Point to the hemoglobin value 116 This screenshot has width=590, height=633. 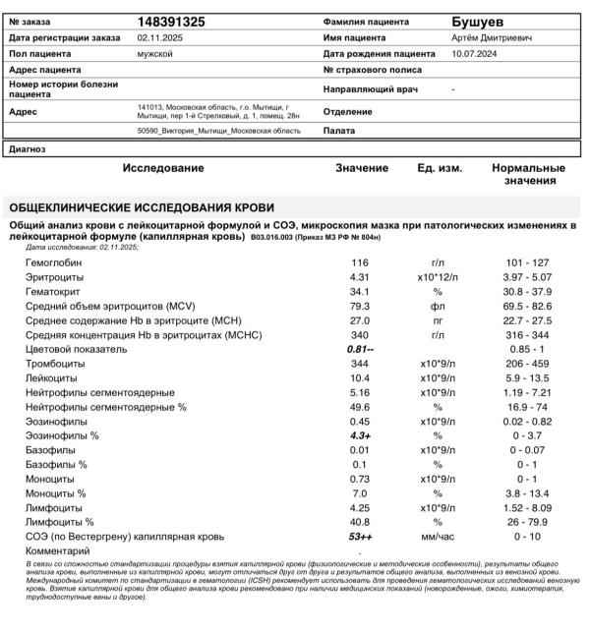click(x=359, y=263)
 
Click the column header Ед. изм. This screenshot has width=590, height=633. click(x=440, y=169)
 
